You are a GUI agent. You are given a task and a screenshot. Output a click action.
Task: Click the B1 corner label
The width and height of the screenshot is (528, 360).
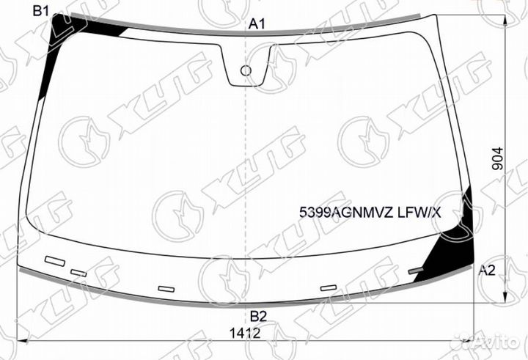[41, 12]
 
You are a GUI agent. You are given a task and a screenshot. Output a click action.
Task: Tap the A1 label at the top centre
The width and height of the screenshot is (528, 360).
[257, 24]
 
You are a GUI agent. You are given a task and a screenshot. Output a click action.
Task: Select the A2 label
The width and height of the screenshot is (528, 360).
[487, 270]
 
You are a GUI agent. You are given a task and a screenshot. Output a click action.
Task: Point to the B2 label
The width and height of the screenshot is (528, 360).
[258, 317]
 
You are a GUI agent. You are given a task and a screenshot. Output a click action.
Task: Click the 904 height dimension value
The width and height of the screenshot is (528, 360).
[497, 158]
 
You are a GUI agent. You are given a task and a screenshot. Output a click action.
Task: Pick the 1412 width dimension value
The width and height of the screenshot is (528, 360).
[245, 334]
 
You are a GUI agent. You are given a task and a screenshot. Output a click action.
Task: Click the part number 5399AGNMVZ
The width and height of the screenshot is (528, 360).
[346, 213]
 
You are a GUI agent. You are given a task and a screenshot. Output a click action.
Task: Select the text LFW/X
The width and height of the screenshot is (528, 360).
[419, 213]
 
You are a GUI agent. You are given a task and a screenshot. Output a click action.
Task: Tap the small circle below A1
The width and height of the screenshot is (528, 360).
[246, 70]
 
